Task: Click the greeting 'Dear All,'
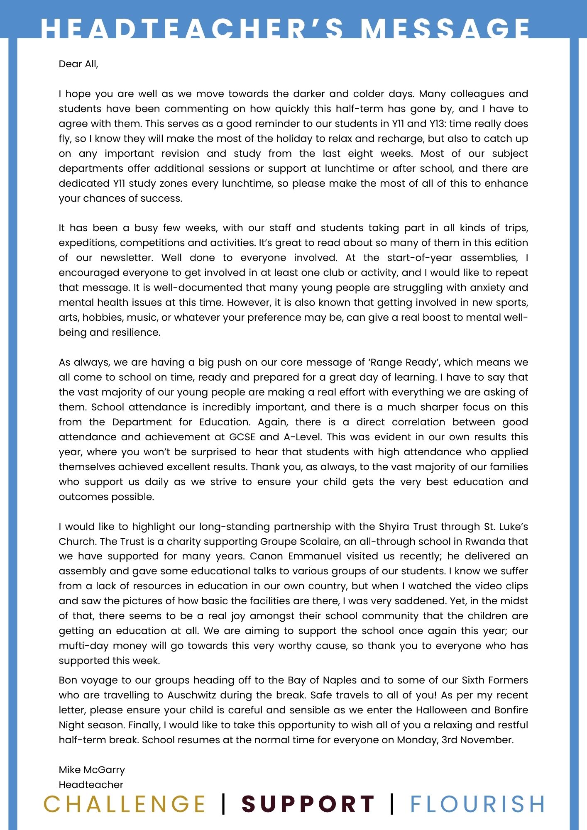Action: coord(78,64)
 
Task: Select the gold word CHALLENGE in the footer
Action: coord(125,804)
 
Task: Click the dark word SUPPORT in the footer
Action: coord(308,804)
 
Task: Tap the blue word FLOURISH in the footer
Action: coord(477,804)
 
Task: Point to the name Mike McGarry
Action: coord(92,770)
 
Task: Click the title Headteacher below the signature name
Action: coord(91,785)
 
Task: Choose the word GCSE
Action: coord(242,437)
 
